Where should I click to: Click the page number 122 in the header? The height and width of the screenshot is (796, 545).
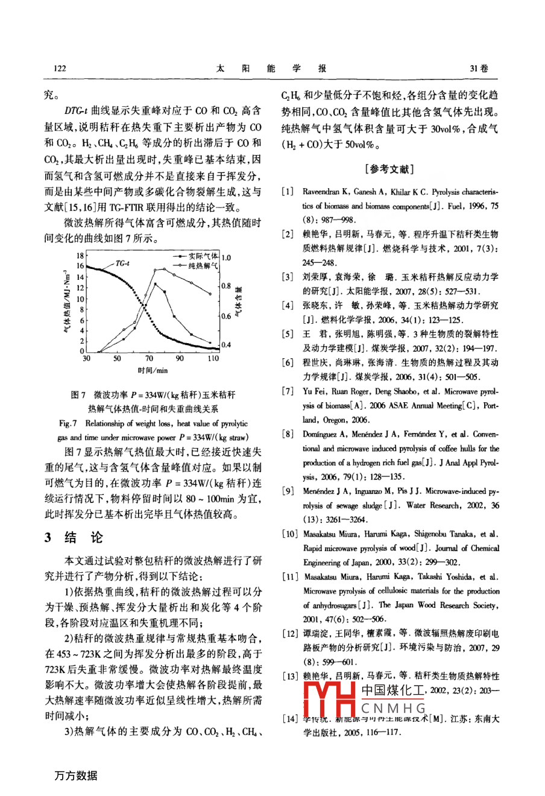pyautogui.click(x=60, y=68)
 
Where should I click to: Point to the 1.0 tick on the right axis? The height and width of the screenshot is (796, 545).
pyautogui.click(x=227, y=257)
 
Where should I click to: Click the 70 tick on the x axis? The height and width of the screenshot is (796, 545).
pyautogui.click(x=149, y=358)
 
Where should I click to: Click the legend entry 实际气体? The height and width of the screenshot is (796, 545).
pyautogui.click(x=203, y=256)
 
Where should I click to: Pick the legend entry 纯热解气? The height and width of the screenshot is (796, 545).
pyautogui.click(x=203, y=265)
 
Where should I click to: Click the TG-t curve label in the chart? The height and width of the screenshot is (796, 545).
pyautogui.click(x=122, y=263)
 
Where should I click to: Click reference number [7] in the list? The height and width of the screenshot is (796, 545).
pyautogui.click(x=288, y=391)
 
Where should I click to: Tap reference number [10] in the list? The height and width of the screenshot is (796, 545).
pyautogui.click(x=290, y=534)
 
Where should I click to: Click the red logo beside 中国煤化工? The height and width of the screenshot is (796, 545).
pyautogui.click(x=330, y=700)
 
